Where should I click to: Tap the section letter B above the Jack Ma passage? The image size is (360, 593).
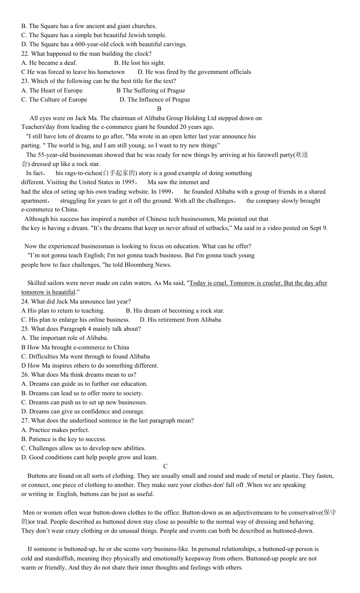coord(159,109)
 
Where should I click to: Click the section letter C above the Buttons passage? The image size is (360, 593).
coord(165,466)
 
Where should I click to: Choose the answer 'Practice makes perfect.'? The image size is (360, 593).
coord(59,430)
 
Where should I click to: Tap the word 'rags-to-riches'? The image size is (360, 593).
coord(74,173)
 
